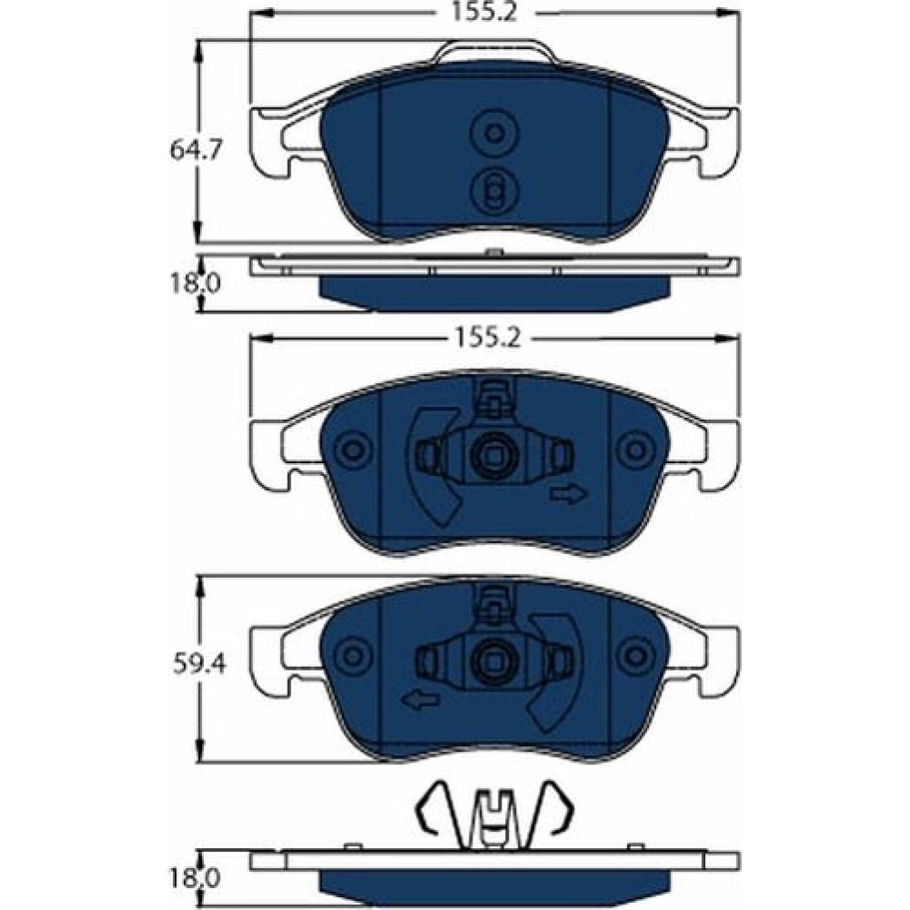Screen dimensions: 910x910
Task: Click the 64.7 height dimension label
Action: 196,151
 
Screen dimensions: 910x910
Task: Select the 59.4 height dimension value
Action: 199,664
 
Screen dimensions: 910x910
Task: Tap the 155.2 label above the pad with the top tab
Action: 484,12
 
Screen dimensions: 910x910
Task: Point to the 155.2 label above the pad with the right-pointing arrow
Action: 488,338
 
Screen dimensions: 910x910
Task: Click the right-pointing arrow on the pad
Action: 569,494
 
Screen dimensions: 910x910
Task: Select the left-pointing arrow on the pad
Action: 420,701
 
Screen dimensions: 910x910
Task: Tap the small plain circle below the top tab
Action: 494,134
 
